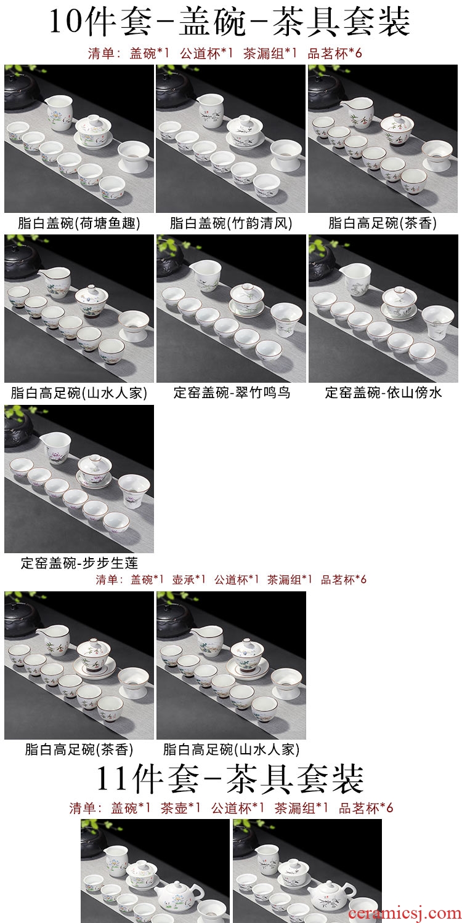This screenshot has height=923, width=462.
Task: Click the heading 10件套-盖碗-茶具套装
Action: point(230,22)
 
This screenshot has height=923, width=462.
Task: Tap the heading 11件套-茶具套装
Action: point(230,778)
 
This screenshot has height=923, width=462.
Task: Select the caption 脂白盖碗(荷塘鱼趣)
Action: point(79,223)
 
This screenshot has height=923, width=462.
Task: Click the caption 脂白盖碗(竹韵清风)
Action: point(231,223)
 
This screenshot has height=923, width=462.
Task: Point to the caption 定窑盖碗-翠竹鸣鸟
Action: point(232,393)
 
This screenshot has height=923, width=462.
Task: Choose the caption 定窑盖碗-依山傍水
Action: point(383,393)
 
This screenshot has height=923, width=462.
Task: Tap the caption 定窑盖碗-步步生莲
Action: point(79,562)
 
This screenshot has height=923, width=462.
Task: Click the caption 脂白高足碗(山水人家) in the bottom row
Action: point(231,749)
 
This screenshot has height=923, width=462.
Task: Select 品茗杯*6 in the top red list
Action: point(335,53)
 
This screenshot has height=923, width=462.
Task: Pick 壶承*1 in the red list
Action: point(188,580)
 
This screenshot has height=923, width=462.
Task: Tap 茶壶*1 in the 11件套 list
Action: point(180,808)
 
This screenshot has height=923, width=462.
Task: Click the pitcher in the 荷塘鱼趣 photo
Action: point(59,112)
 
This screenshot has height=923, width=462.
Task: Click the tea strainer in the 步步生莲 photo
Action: point(134,490)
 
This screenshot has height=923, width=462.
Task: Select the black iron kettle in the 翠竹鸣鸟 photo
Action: point(171,260)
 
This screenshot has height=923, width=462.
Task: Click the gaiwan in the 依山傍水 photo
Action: point(399,303)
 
